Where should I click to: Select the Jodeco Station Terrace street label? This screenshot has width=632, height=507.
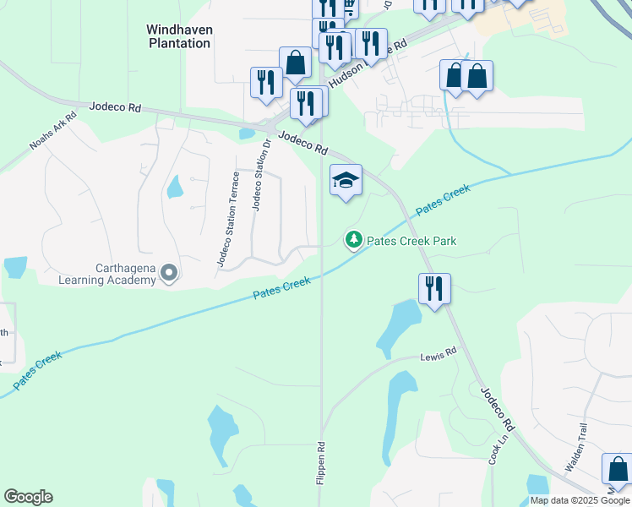[229, 219]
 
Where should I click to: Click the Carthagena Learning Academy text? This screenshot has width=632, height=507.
[108, 274]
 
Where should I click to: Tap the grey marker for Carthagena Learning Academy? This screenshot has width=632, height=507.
[169, 273]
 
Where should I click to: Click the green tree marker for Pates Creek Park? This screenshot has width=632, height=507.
[353, 241]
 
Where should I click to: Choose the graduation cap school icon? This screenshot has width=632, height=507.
[345, 180]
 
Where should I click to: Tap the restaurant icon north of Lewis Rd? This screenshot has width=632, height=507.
[434, 288]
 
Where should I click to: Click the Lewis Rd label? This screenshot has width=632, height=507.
[438, 352]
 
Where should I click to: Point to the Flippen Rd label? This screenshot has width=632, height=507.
[320, 463]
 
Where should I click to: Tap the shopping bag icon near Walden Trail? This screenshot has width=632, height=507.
[617, 469]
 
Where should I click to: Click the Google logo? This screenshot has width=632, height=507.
[28, 497]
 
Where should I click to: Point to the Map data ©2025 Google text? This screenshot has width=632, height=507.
[580, 500]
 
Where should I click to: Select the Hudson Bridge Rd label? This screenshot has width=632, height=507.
[363, 63]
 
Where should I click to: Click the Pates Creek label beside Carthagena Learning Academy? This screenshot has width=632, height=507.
[282, 289]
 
